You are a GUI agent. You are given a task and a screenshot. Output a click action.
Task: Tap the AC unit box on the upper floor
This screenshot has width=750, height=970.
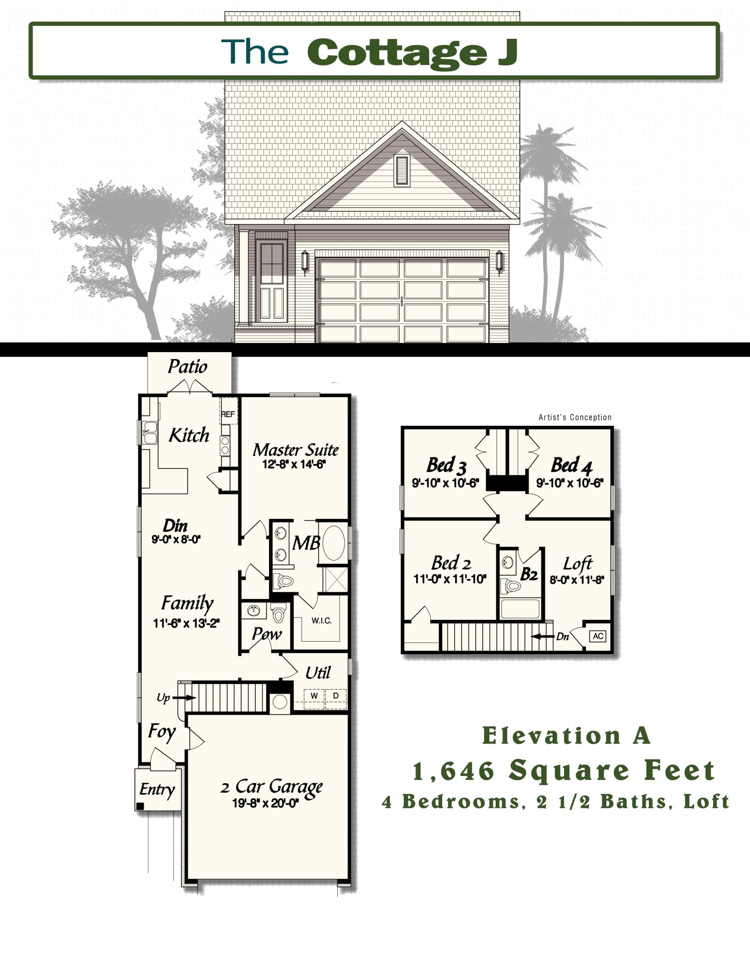point(598,636)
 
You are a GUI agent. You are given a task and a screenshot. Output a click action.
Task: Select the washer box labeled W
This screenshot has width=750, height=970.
point(314,696)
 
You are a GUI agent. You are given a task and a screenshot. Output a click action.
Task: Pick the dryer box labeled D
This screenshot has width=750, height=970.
point(335,696)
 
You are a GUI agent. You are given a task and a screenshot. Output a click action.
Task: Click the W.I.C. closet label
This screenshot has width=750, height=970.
point(321,621)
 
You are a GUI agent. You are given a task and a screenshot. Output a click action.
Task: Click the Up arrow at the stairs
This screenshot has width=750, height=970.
point(184,697)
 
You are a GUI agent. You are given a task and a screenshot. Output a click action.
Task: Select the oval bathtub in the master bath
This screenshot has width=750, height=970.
point(334,542)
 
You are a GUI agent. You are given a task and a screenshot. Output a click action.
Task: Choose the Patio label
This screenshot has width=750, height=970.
point(187,367)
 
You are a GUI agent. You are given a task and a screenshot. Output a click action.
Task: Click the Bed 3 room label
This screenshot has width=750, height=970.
point(446,465)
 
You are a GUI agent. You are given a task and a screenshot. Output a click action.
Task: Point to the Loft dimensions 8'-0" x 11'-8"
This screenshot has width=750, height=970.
point(577,580)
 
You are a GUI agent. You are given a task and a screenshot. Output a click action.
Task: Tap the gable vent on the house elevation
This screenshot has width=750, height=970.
point(401,170)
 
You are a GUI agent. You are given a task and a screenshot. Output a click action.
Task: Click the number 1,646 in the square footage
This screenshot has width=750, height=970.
point(453,771)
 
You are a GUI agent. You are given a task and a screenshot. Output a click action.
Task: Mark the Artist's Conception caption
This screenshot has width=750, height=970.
point(575,417)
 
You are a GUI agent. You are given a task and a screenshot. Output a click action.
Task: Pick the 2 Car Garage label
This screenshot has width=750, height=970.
point(271,786)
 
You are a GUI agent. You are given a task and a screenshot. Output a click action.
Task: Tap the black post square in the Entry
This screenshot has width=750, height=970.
point(141,806)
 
